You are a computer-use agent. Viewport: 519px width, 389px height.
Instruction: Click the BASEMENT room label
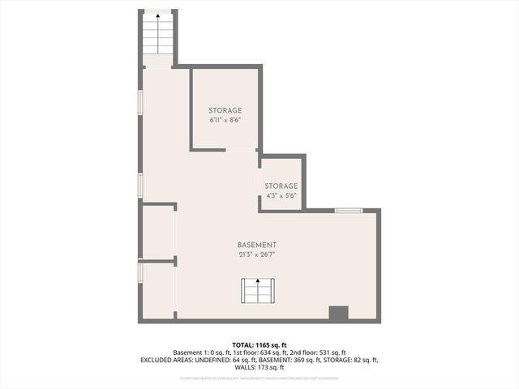pos(257,246)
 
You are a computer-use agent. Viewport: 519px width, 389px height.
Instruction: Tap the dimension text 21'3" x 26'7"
pos(257,255)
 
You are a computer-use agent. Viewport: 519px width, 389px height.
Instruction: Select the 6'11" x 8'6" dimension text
pos(225,120)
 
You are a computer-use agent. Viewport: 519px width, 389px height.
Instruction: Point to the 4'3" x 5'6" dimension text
pos(281,195)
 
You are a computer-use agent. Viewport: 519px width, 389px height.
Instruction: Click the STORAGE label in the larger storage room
pos(225,110)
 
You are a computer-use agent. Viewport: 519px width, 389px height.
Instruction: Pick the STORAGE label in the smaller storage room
pos(281,186)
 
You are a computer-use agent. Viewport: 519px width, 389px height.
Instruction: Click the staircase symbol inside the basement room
pos(258,290)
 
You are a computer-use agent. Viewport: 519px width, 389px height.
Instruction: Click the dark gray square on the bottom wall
pos(338,314)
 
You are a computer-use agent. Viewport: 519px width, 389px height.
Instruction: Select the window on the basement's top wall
pos(349,211)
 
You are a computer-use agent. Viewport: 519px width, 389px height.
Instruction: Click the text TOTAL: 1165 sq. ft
pos(259,344)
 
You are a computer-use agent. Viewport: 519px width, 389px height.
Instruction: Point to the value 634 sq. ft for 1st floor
pos(284,353)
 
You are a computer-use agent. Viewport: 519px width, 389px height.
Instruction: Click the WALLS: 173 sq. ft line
pos(259,367)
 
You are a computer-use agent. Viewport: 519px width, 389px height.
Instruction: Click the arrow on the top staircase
pos(158,15)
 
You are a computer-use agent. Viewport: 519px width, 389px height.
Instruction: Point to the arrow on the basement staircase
pos(258,282)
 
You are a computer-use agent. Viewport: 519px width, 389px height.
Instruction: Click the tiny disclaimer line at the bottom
pos(259,378)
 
